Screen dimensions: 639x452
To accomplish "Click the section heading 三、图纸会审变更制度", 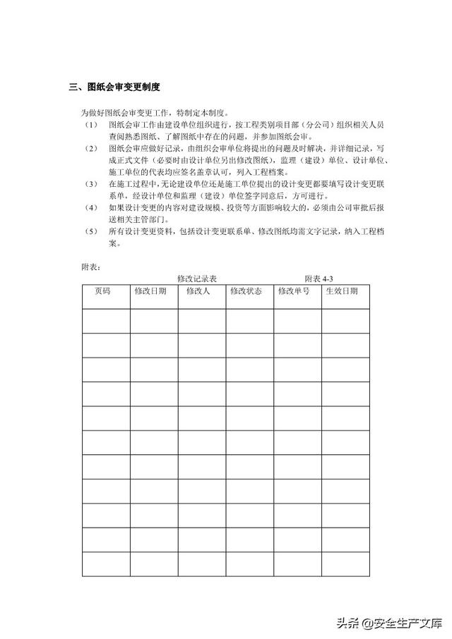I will pos(114,87).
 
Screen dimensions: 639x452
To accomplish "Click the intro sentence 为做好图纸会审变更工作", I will pos(155,113).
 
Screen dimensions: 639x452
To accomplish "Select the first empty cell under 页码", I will pos(106,321).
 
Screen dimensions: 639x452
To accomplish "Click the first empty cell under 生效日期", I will pos(345,321).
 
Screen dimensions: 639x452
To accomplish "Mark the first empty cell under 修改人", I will pos(201,321).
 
